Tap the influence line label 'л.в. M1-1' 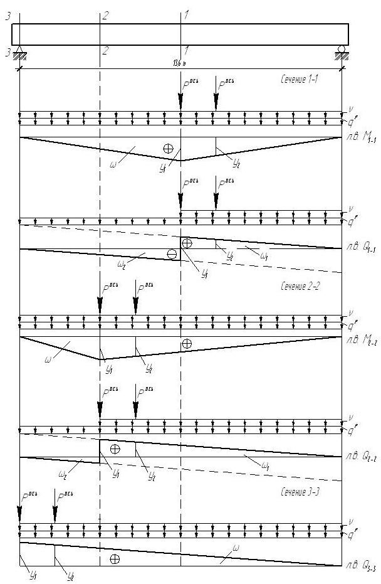pyautogui.click(x=359, y=143)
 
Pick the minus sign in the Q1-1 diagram pyautogui.click(x=172, y=254)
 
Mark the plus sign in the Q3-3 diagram pyautogui.click(x=115, y=558)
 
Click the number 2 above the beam pyautogui.click(x=105, y=14)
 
